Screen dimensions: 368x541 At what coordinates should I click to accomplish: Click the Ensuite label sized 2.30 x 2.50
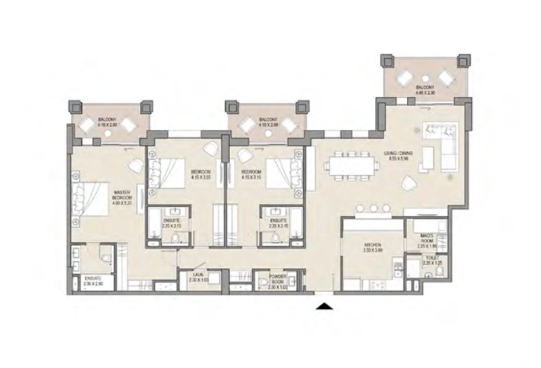93,280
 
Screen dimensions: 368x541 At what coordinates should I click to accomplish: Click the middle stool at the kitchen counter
372,208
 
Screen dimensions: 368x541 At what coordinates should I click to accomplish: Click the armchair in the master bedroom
135,164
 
